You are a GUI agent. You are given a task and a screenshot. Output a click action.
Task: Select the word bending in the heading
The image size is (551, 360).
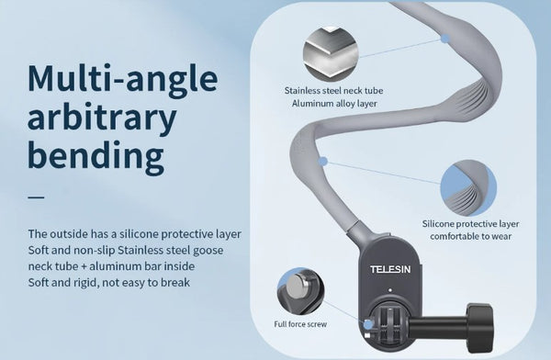[x=96, y=155]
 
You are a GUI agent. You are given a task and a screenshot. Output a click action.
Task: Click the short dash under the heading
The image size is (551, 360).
[x=36, y=197]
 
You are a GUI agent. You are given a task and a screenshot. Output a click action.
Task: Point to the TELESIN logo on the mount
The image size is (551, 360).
[x=390, y=270]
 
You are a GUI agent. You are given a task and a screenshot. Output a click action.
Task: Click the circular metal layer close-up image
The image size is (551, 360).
[x=331, y=52]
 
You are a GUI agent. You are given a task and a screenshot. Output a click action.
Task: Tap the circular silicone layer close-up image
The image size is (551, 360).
[x=468, y=188]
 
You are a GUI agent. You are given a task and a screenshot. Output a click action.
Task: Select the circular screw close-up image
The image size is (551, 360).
[x=300, y=292]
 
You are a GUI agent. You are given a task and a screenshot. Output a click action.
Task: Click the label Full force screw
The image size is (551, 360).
[x=300, y=324]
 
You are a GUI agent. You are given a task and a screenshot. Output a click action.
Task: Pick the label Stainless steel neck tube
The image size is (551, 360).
[x=333, y=91]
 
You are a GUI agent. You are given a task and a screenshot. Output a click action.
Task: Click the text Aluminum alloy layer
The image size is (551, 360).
[x=334, y=104]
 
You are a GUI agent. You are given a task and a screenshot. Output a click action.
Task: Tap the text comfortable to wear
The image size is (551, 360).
[x=470, y=236]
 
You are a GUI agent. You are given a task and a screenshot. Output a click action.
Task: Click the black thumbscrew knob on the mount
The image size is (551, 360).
[x=480, y=329]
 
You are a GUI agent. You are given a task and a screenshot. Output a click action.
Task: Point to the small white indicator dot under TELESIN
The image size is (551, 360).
[x=390, y=290]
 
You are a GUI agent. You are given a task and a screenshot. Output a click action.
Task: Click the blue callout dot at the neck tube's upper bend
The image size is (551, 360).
[x=444, y=39]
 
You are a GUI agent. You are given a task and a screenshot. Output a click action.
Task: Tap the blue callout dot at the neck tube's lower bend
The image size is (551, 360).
[x=323, y=162]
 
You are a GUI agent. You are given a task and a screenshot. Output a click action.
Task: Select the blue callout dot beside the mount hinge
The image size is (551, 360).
[x=368, y=324]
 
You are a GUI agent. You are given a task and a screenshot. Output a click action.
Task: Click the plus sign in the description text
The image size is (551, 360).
[x=84, y=266]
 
